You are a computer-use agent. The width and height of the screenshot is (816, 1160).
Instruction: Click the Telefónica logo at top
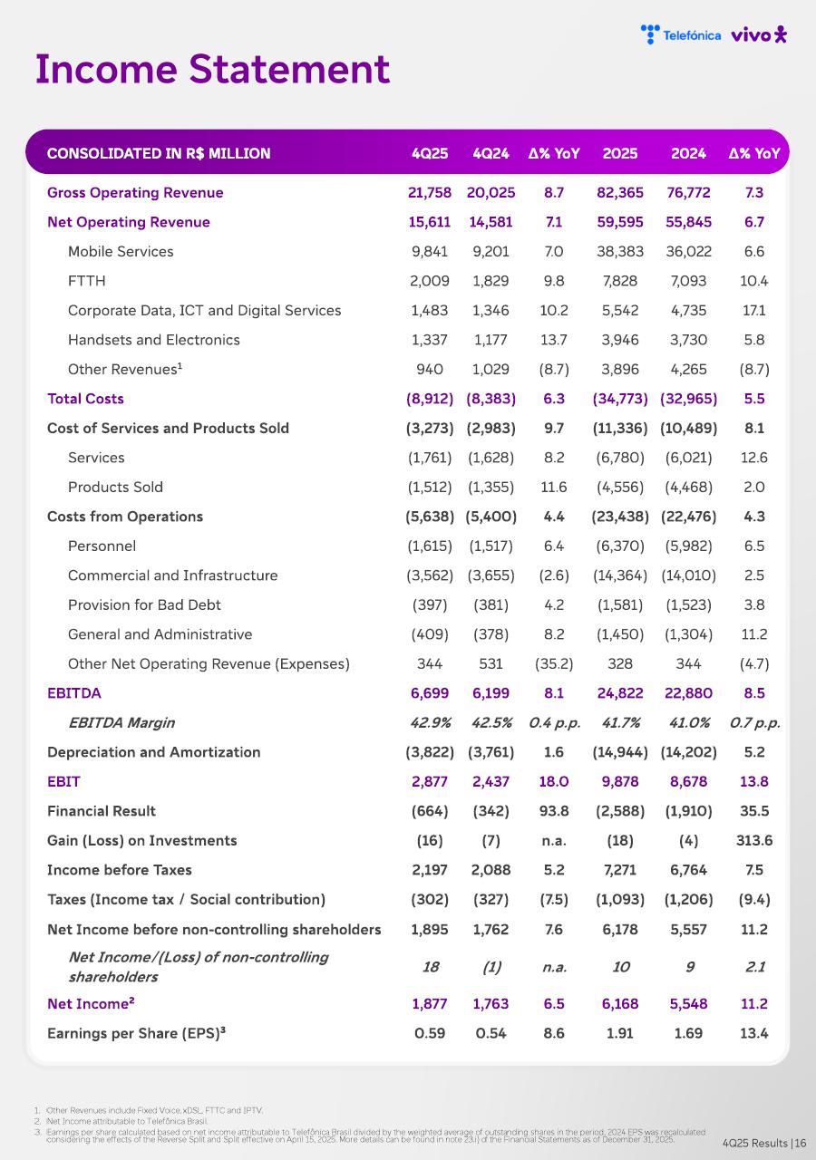[681, 34]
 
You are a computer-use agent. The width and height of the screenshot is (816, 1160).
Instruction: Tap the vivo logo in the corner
[759, 34]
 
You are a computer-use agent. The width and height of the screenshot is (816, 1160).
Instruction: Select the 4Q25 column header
[430, 153]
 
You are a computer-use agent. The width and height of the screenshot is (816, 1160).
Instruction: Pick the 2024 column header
[688, 153]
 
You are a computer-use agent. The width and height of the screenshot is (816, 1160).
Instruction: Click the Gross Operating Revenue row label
[135, 192]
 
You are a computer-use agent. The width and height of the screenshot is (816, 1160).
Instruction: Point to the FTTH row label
[87, 281]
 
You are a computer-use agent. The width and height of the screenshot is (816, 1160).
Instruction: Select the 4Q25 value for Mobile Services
[430, 251]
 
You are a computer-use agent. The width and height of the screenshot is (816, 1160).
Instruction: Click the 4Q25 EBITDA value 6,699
[430, 693]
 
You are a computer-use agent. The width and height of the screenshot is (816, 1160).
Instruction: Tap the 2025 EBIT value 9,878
[620, 781]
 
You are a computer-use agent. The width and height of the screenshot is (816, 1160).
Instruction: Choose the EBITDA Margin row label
[121, 722]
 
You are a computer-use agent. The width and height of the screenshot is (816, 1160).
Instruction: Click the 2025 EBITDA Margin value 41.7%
[620, 722]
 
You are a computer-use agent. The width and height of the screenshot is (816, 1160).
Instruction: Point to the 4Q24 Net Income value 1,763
[491, 1003]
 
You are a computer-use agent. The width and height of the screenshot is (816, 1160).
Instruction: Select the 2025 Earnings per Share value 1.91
[620, 1033]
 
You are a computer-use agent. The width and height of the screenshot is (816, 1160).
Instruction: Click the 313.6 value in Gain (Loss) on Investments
[754, 840]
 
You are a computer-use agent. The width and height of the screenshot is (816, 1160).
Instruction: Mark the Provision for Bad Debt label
[144, 604]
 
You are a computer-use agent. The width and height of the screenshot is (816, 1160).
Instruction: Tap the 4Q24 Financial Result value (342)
[491, 811]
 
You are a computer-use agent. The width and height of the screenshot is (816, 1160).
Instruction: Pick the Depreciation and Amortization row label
[153, 752]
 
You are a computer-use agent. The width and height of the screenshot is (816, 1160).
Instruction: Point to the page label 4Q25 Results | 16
[764, 1144]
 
